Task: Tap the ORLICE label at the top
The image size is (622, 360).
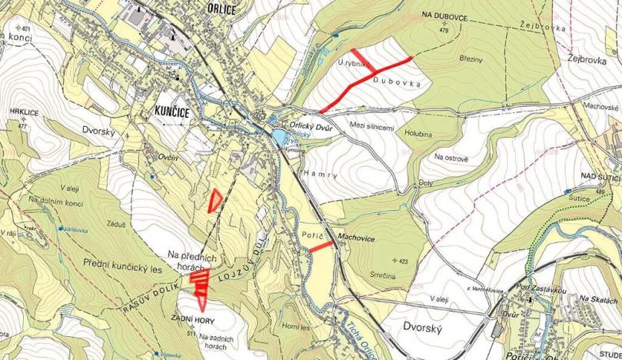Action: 222,7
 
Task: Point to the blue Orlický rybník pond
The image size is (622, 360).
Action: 277,137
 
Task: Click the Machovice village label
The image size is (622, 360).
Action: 356,238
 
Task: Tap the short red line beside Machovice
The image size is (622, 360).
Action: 322,245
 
